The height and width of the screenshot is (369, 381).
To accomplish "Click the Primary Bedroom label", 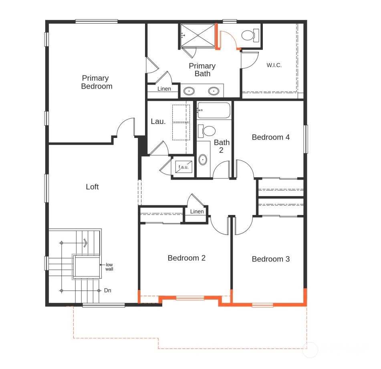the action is pos(97,82).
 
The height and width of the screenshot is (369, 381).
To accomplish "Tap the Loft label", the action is pos(92,187).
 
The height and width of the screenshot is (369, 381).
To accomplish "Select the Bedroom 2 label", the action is pos(186,258).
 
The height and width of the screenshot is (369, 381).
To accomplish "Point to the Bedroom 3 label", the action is pos(271,259).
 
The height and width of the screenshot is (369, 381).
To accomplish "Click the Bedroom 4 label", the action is pos(271,137).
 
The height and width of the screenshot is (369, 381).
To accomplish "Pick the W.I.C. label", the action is pos(274,65).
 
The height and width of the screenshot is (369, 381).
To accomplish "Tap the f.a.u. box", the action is pos(184,167).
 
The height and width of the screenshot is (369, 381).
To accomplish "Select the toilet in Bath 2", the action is pos(207,131).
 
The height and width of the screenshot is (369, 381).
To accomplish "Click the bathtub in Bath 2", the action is pos(214,110).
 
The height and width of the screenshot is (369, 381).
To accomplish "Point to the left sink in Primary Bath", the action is pos(189,91).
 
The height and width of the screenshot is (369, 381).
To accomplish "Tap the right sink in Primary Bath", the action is pos(214,91).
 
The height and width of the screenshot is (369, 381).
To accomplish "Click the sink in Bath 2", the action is pos(203,160).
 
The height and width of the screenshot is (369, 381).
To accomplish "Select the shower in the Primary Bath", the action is pos(198,35).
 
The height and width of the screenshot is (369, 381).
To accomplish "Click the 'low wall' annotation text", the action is pos(109,267).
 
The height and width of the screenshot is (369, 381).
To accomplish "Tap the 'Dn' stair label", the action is pos(108,290).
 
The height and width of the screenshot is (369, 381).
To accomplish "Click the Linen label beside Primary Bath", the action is pos(164,89).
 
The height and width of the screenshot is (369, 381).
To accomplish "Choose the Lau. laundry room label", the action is pos(158,122).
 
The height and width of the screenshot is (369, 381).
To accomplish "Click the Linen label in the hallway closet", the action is pos(197,211).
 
